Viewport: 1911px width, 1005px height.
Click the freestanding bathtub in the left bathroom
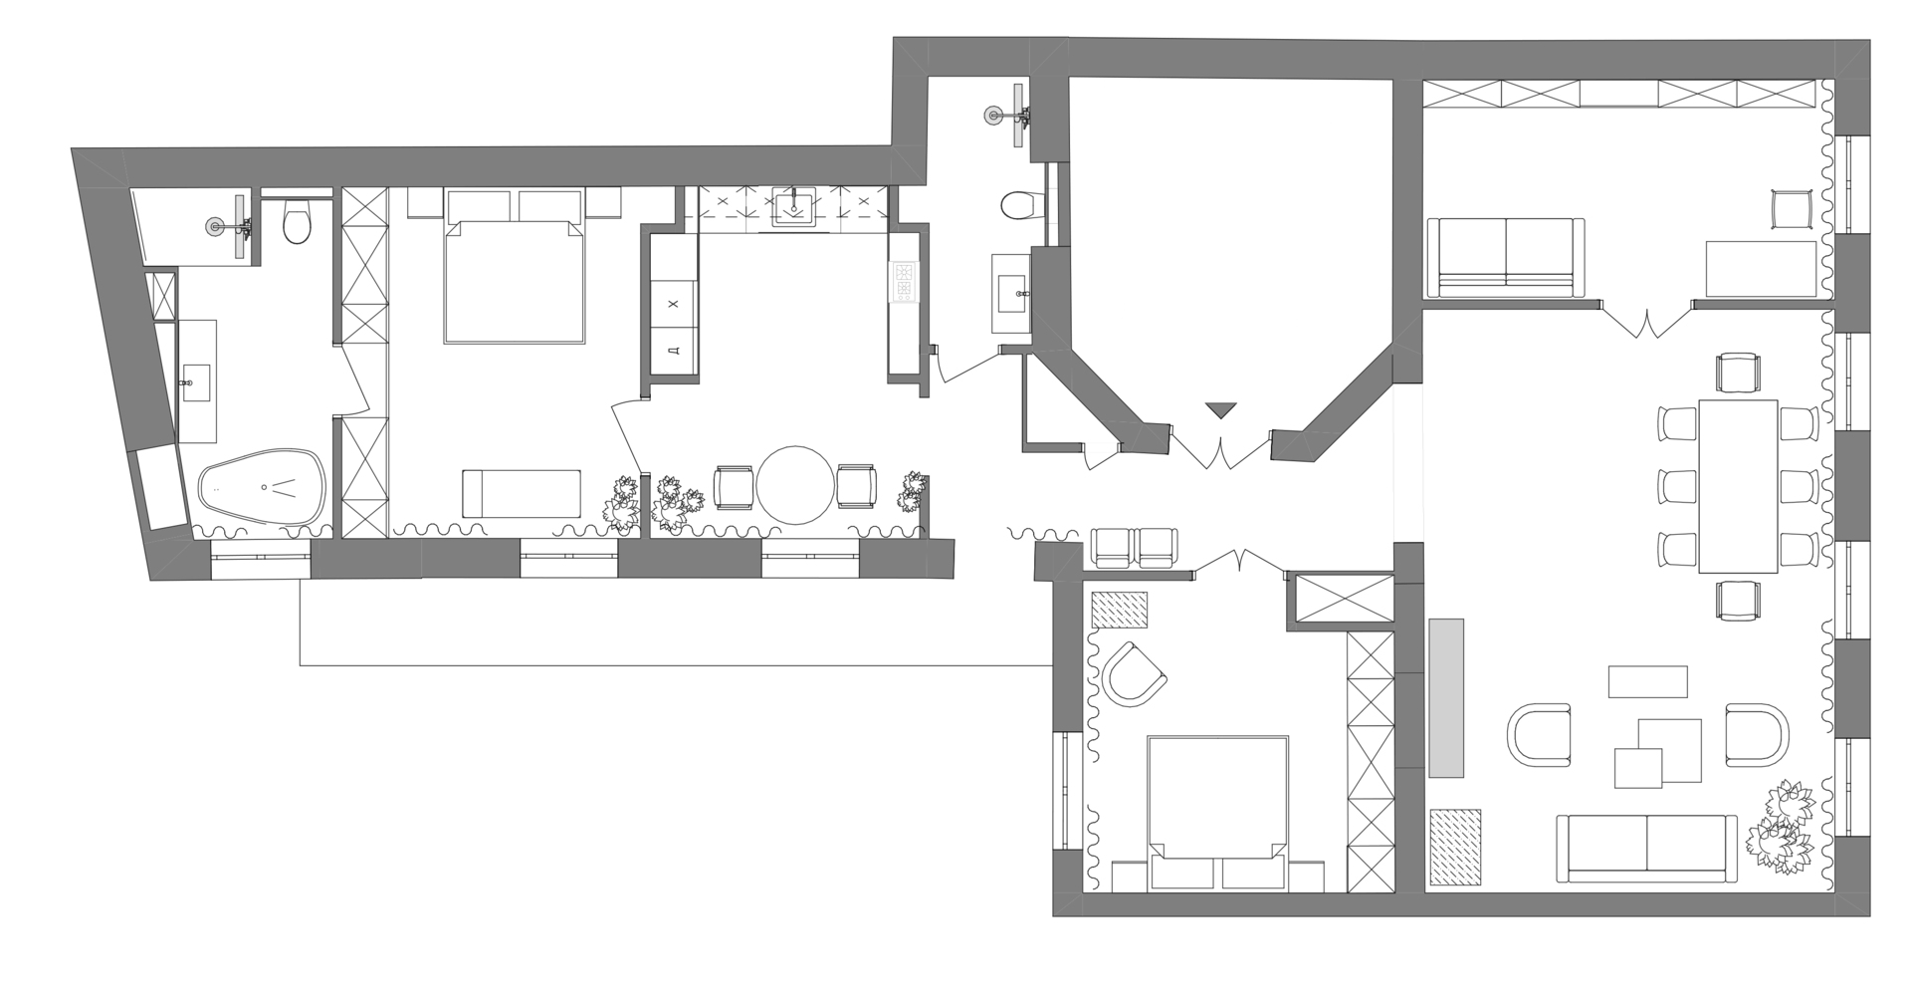tap(263, 487)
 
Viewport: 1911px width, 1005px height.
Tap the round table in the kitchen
tap(794, 486)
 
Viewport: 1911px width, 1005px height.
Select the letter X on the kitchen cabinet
tap(674, 304)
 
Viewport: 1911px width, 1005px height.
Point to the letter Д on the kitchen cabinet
tap(674, 351)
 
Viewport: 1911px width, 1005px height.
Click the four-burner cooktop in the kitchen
tap(905, 281)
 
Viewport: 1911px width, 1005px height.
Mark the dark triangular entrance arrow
tap(1219, 409)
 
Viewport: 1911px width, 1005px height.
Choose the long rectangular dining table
tap(1738, 486)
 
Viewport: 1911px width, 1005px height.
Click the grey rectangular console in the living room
tap(1446, 697)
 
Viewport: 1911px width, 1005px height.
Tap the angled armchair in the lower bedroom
tap(1134, 674)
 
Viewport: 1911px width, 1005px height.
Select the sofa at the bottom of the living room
tap(1646, 849)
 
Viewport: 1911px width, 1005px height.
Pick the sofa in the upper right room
tap(1505, 257)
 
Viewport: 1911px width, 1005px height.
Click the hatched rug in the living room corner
tap(1455, 847)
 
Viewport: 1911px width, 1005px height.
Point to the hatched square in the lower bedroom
tap(1120, 610)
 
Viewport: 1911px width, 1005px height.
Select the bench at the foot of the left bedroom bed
tap(521, 494)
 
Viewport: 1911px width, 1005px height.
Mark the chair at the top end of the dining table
tap(1739, 373)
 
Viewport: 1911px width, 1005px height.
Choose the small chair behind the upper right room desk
tap(1794, 211)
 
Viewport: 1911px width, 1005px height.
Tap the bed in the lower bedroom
tap(1218, 813)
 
